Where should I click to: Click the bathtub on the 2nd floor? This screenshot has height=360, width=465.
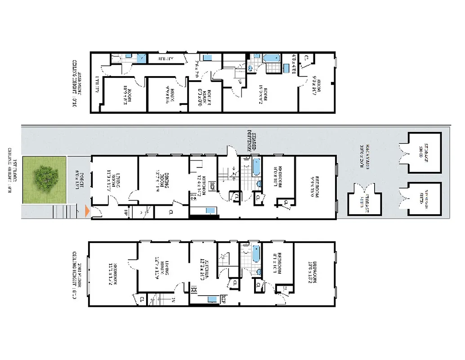point(255,254)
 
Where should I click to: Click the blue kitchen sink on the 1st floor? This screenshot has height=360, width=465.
point(210,211)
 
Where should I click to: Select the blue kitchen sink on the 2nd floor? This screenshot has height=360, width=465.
point(211,298)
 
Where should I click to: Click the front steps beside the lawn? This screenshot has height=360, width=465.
point(61,211)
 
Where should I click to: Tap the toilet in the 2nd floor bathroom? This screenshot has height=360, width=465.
point(259,272)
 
